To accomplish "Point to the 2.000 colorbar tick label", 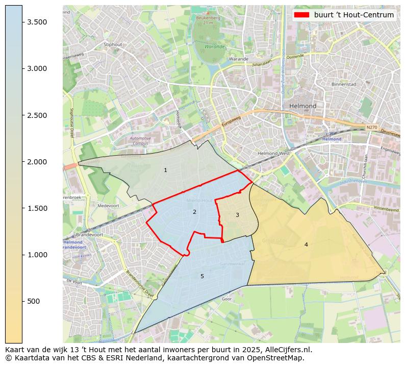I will [37, 162].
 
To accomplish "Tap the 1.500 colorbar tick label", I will [37, 208].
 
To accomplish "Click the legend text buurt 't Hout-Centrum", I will [354, 15].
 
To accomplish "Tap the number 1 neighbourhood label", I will [165, 170].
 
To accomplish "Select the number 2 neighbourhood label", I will [194, 212].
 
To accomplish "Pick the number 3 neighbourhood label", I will [237, 215].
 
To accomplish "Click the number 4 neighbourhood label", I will [306, 244].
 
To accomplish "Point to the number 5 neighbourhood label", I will [202, 276].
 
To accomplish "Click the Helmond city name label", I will [302, 106].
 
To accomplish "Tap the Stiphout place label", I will [113, 44].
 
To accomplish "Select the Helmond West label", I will [273, 153].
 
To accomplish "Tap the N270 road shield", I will [371, 128].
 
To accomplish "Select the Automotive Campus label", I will [140, 141].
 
